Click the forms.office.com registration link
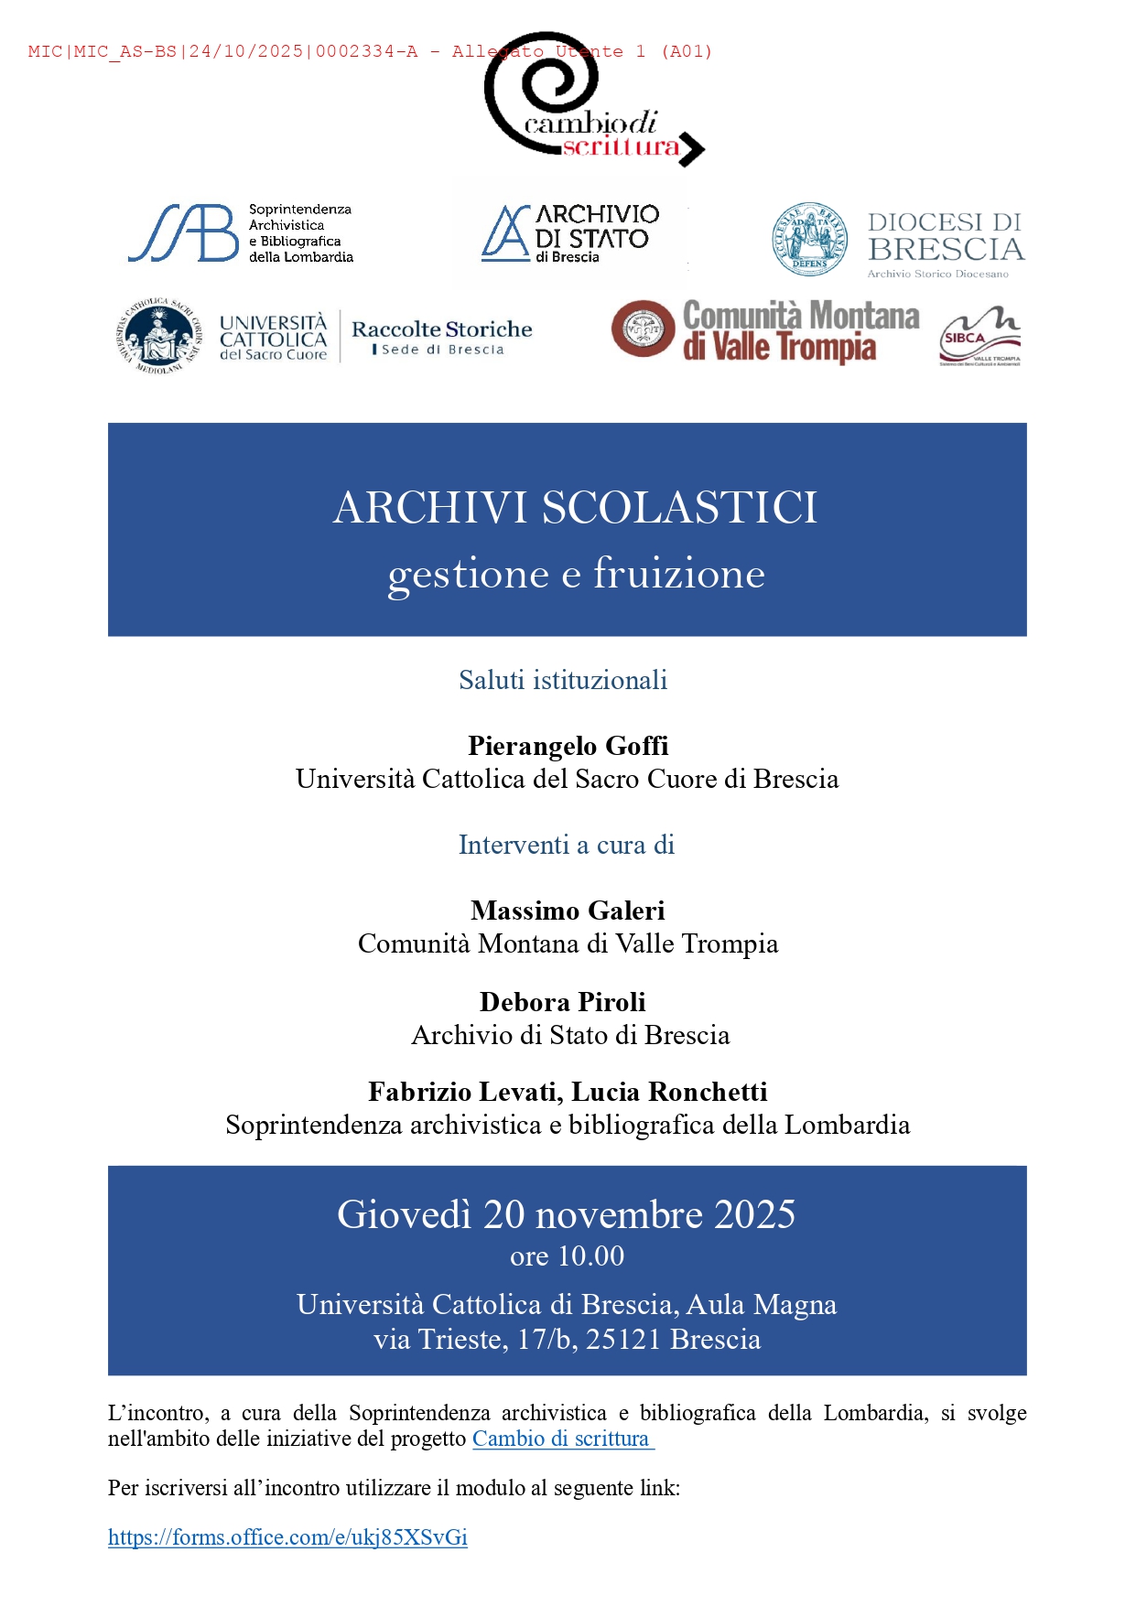tap(287, 1537)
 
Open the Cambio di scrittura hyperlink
tap(561, 1439)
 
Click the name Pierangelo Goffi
tap(568, 746)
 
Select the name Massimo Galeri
tap(568, 911)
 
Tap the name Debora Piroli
tap(562, 1002)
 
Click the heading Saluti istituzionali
tap(563, 680)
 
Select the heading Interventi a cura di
tap(567, 845)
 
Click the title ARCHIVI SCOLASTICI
tap(575, 508)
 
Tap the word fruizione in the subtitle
tap(678, 574)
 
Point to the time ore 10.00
tap(567, 1256)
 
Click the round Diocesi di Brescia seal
tap(809, 240)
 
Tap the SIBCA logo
tap(979, 338)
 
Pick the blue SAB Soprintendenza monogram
tap(183, 233)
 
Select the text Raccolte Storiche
tap(441, 329)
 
